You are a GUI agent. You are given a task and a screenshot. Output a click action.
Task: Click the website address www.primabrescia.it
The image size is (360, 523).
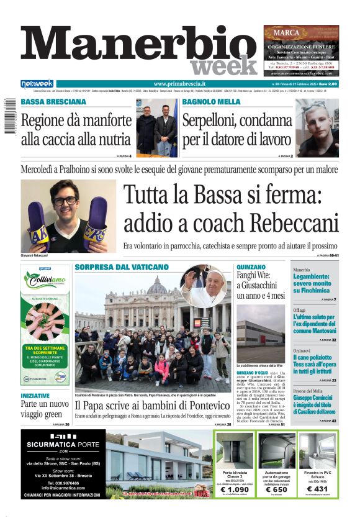[x=179, y=84]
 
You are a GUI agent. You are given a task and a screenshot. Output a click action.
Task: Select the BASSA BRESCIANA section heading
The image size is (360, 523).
[x=53, y=102]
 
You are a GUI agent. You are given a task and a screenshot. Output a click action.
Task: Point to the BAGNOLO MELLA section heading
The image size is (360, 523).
[x=212, y=102]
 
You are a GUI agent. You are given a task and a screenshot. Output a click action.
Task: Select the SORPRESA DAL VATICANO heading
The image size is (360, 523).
[x=122, y=267]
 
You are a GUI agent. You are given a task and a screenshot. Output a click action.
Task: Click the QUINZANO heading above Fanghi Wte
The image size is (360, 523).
[x=251, y=267]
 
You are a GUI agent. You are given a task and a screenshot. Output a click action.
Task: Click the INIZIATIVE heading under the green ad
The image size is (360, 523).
[x=35, y=396]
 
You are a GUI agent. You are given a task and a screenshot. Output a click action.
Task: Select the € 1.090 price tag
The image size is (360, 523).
[x=235, y=490]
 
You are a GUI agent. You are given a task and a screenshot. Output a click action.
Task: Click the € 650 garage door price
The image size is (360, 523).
[x=276, y=490]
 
